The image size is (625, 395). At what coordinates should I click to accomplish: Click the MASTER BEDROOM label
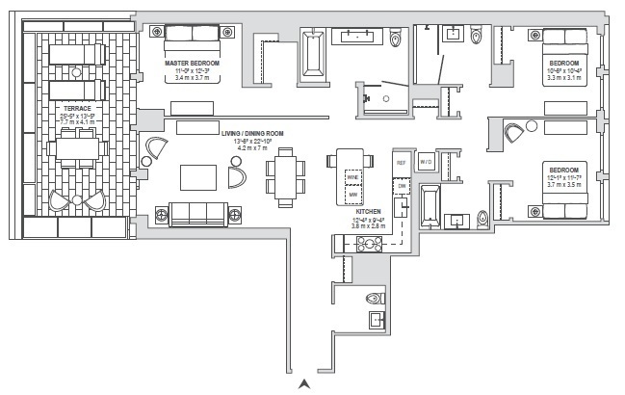(193, 63)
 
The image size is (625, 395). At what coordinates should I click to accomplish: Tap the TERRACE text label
(78, 108)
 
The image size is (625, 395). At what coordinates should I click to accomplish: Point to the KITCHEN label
(367, 210)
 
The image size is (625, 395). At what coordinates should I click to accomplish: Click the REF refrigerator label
(402, 163)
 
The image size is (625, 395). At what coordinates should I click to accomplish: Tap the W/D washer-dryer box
(425, 163)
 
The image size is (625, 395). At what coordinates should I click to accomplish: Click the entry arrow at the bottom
(305, 384)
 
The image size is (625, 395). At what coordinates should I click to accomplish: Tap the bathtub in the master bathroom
(314, 54)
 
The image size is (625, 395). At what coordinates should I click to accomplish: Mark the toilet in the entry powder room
(374, 300)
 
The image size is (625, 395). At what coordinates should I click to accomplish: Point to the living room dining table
(284, 176)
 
